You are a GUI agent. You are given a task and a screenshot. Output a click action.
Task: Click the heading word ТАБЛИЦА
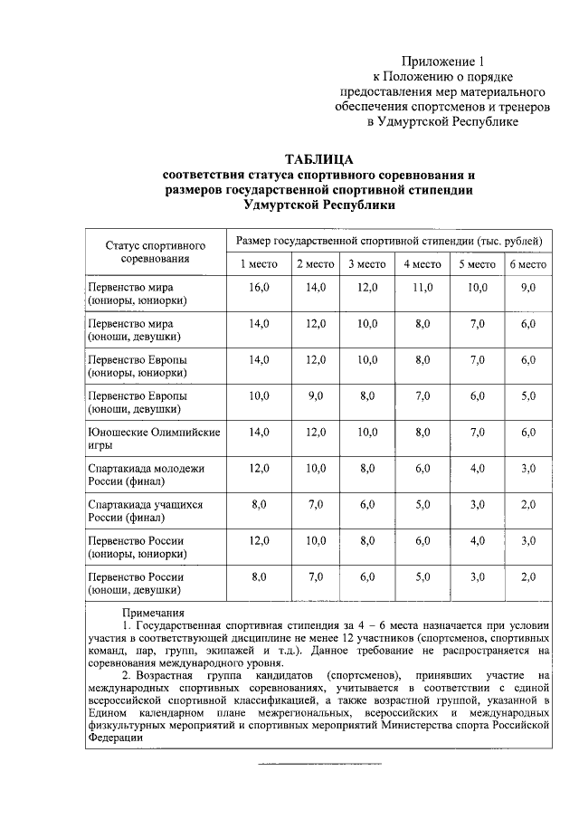click(318, 159)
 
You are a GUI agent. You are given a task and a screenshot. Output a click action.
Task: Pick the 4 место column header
click(422, 264)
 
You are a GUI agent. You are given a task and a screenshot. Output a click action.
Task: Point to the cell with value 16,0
click(259, 287)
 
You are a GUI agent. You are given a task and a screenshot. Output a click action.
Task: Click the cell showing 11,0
click(422, 287)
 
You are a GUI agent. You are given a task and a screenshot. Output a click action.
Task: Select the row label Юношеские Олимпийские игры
click(153, 440)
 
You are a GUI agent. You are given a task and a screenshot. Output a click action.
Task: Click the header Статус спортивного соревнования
click(155, 252)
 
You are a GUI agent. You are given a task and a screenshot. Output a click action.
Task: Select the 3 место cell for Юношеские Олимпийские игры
click(366, 433)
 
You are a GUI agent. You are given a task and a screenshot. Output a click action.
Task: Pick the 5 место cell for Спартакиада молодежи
click(476, 469)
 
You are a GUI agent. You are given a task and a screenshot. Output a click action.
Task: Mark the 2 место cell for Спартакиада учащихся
click(315, 504)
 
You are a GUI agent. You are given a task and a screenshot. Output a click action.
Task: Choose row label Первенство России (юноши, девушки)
click(135, 584)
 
